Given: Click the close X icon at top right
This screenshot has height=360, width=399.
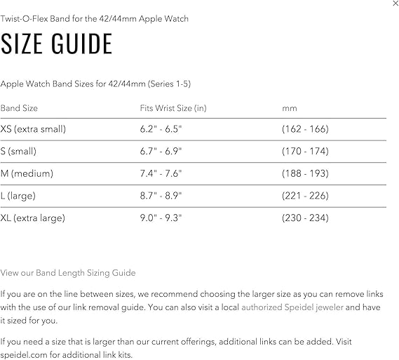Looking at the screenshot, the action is (x=395, y=4).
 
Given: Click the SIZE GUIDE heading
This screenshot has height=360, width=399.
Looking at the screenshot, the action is (x=57, y=44).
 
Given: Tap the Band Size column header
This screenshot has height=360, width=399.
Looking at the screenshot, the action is (x=19, y=108).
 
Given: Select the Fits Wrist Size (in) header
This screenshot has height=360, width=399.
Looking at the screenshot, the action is (x=173, y=108).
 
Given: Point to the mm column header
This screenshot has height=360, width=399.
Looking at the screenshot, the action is (x=290, y=108).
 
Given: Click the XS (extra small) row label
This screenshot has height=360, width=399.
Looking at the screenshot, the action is (x=33, y=129).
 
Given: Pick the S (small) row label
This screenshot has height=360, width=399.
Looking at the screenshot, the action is (x=19, y=152).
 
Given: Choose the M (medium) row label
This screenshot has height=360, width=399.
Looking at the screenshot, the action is (x=27, y=173).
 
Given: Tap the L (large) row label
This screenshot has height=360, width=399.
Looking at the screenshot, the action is (x=18, y=196).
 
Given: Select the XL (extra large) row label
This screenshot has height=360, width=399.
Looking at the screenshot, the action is (x=33, y=218).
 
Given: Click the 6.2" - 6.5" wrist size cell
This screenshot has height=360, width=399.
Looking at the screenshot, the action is (x=161, y=129).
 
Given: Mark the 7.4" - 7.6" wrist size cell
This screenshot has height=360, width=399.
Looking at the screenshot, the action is (x=161, y=173).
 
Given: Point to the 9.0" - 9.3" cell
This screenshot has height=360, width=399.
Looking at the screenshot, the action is (x=161, y=218).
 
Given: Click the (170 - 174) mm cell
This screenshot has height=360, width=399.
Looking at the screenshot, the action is (x=305, y=152).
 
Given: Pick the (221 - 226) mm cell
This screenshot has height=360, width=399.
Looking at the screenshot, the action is (x=305, y=196).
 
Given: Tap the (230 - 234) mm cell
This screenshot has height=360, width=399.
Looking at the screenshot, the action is (x=305, y=218).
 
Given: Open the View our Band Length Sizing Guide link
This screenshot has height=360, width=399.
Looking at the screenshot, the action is (x=68, y=272).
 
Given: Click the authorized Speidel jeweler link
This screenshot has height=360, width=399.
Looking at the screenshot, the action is (x=292, y=307).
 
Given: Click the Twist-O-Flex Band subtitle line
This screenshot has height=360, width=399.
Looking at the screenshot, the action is (x=95, y=19).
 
